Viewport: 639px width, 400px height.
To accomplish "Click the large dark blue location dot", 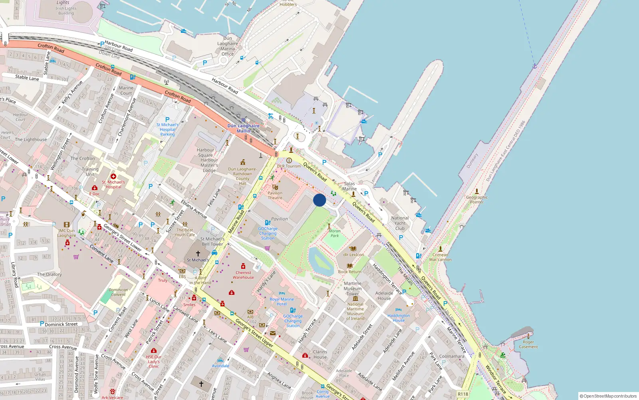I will point(319,200).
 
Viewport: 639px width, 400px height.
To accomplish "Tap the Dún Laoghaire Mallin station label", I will point(244,128).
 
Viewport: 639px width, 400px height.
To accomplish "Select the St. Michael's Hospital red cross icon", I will point(113,176).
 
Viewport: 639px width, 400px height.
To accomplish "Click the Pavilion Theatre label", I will point(275,195).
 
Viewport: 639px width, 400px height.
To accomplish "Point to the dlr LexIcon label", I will point(353,254).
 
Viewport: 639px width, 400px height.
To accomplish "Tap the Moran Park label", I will point(335,233).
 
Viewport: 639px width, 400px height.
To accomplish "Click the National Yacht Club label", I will point(400,223).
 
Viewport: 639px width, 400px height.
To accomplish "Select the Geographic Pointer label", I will point(477,200).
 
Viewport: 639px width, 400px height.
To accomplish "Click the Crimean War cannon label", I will point(440,257).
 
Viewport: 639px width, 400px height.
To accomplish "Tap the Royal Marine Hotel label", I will point(282,302).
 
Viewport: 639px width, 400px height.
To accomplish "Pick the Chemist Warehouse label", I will point(243,275).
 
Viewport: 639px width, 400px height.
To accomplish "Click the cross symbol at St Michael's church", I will point(198,253).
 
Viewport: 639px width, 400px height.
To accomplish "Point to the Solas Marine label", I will point(349,186).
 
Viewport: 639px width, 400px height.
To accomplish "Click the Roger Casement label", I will point(528,344).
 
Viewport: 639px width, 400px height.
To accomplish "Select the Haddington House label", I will point(399,318).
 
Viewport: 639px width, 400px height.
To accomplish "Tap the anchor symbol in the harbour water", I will point(534,66).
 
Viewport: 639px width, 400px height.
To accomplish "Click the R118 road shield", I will point(463,394).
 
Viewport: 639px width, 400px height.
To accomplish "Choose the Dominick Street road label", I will point(61,324).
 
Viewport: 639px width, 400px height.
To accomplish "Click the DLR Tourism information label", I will point(289,166).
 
